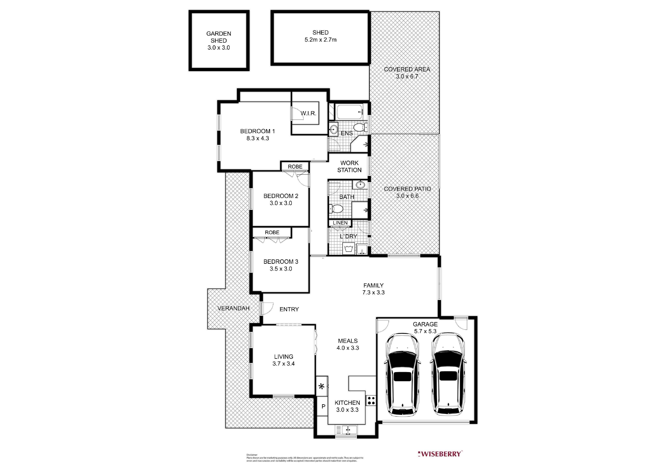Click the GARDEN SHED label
[x=219, y=37]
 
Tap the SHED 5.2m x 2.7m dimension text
[x=321, y=40]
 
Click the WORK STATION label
[x=349, y=167]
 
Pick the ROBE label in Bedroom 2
[x=295, y=167]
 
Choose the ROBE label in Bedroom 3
[x=272, y=232]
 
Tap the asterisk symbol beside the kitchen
[x=321, y=387]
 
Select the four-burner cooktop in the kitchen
[x=371, y=401]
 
